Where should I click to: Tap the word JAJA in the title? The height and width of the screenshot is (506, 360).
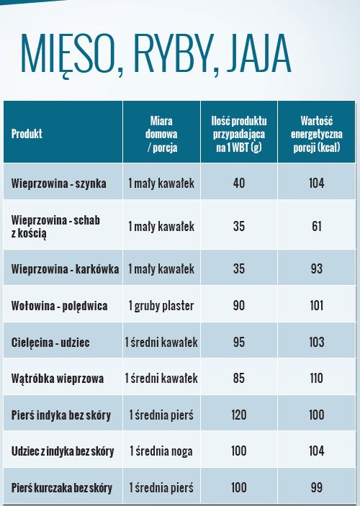point(258,53)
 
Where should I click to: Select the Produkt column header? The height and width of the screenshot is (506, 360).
point(27,134)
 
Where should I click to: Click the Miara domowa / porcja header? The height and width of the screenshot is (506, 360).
point(161,134)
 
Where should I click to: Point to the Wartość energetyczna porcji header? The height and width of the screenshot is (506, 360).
point(316,134)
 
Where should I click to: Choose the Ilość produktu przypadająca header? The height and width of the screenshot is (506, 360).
point(239,134)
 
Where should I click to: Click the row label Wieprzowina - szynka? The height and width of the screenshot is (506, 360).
point(59,184)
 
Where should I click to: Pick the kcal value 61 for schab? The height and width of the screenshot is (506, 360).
point(316,226)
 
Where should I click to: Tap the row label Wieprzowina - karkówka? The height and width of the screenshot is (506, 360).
point(65,268)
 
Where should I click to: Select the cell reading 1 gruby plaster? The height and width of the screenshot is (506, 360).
point(161,306)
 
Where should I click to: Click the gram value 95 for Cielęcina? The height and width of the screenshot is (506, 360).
point(239,342)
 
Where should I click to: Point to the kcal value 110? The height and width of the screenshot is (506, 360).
point(316,378)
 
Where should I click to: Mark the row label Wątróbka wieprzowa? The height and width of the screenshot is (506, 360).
point(58,379)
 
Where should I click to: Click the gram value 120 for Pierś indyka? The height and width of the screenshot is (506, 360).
point(239,415)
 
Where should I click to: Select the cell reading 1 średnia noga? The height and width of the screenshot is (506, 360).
point(161,451)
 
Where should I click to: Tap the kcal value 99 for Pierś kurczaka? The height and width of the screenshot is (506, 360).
point(316,487)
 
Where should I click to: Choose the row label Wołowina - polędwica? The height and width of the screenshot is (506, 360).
point(60,306)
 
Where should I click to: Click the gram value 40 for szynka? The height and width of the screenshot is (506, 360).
point(239,184)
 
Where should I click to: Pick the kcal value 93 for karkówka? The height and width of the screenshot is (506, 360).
point(316,268)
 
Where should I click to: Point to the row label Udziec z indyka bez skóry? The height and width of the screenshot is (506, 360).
point(63,451)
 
